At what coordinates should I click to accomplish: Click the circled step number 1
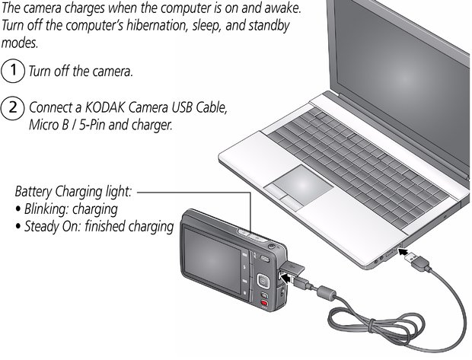pos(13,71)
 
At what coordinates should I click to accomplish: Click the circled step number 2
pos(13,107)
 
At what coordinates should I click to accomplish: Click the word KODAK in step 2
pos(104,107)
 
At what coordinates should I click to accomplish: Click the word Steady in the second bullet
pos(42,227)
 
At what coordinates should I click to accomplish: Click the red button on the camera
pos(264,303)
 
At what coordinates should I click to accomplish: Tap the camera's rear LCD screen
pos(212,260)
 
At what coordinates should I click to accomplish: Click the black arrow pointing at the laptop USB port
pos(407,251)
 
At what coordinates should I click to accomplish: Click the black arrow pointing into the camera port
pos(287,278)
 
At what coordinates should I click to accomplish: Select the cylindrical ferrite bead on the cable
pos(326,293)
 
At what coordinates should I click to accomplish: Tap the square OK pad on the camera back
pos(263,281)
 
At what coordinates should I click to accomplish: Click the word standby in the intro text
pos(269,26)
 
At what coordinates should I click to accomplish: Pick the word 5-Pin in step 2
pos(92,125)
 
